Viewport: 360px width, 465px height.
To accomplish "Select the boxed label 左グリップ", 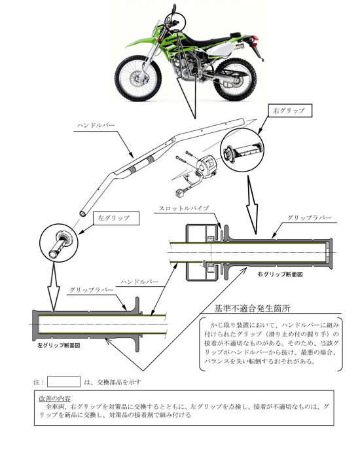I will (113, 217).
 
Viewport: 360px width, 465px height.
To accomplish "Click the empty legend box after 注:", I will (64, 381).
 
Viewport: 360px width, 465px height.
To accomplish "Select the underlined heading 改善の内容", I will (55, 398).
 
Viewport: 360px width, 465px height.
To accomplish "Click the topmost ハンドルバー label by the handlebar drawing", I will (98, 124).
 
